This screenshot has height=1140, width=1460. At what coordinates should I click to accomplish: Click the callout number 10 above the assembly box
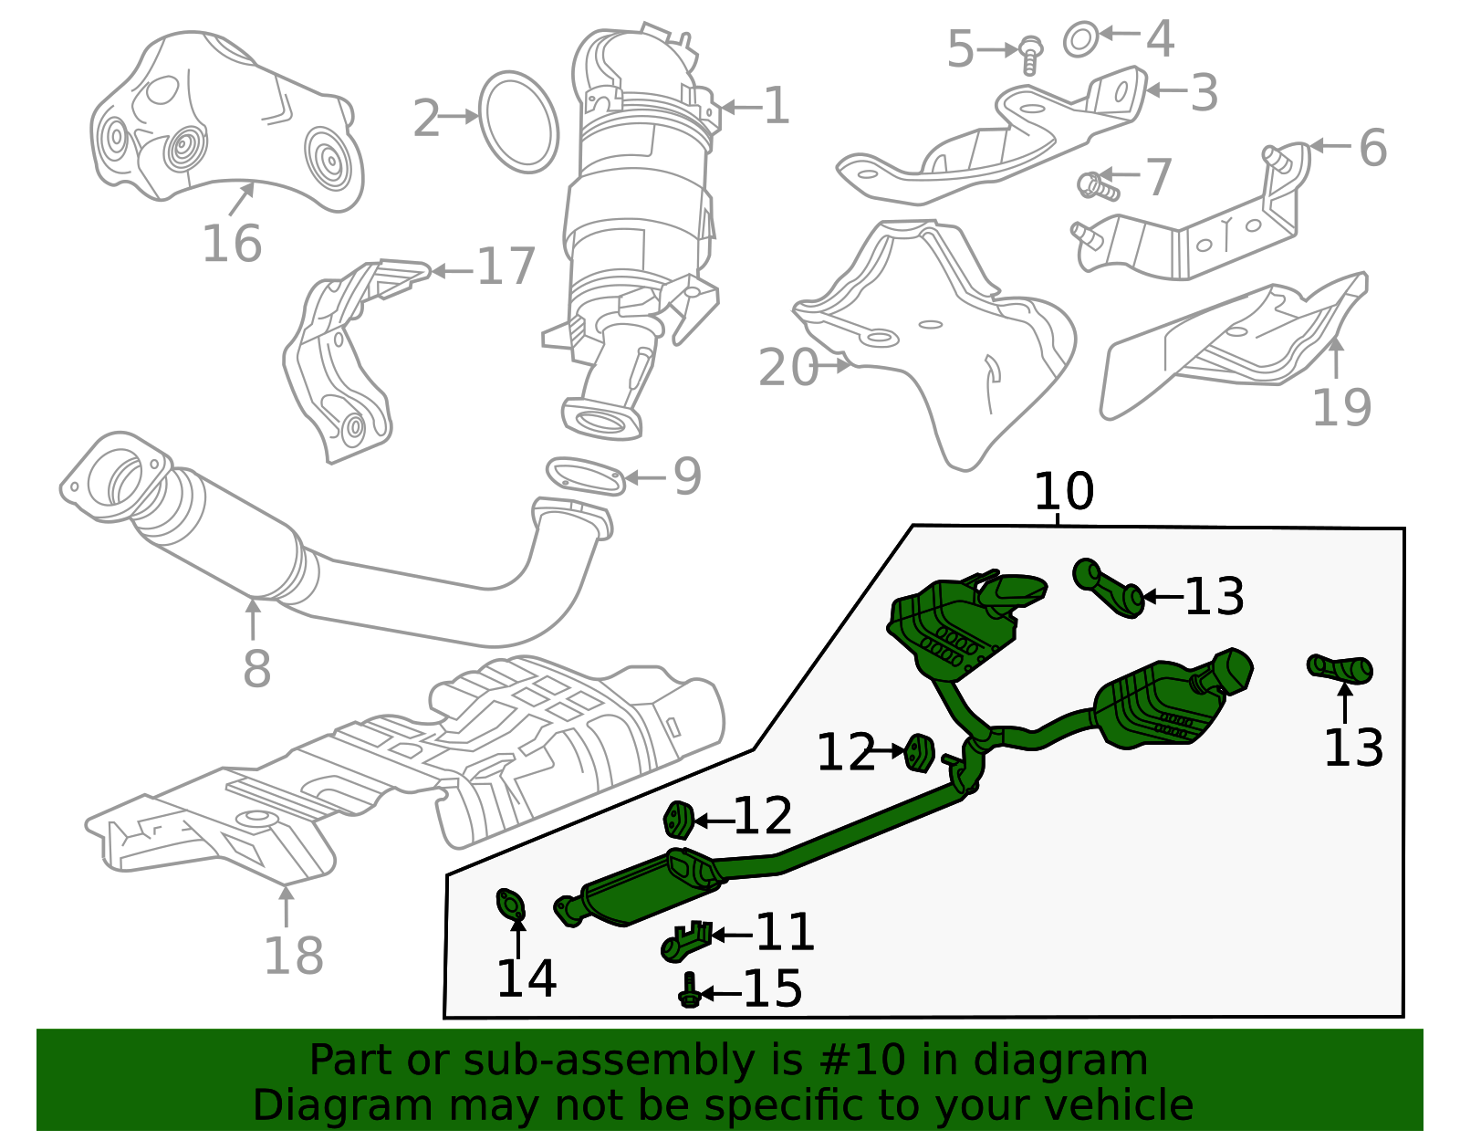coord(1063,492)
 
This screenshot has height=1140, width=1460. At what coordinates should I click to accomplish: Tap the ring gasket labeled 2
coord(518,122)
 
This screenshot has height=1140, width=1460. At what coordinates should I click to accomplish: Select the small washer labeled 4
coord(1080,39)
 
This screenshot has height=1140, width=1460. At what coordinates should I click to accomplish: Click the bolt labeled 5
coord(1030,54)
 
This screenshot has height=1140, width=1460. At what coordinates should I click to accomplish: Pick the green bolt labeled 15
coord(690,991)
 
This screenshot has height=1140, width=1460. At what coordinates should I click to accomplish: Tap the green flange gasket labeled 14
coord(511,905)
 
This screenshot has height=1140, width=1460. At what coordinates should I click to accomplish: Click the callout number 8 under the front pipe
coord(256,669)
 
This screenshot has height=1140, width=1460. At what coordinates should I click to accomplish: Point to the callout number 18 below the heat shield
coord(294,956)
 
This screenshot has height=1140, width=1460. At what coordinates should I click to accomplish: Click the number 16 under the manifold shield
coord(232,244)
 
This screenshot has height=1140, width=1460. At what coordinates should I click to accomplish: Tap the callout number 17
coord(506,267)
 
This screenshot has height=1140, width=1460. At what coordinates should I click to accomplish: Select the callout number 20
coord(787,368)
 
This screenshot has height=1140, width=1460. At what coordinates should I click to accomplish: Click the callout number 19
coord(1340,407)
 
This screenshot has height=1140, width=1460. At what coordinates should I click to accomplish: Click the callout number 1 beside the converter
coord(777,107)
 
